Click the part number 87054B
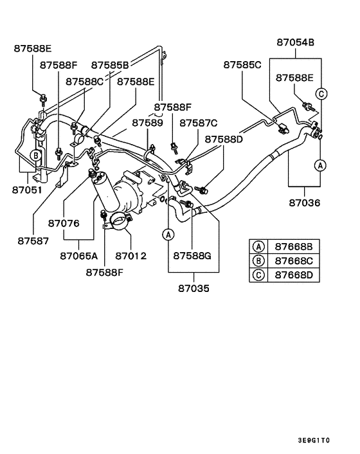tap(295, 42)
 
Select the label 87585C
tap(242, 64)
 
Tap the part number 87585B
tap(110, 64)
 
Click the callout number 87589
tap(148, 122)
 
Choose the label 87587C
tap(198, 122)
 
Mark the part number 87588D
tap(224, 138)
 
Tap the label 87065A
tap(79, 255)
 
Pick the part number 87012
tap(130, 255)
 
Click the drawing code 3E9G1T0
tap(313, 440)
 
